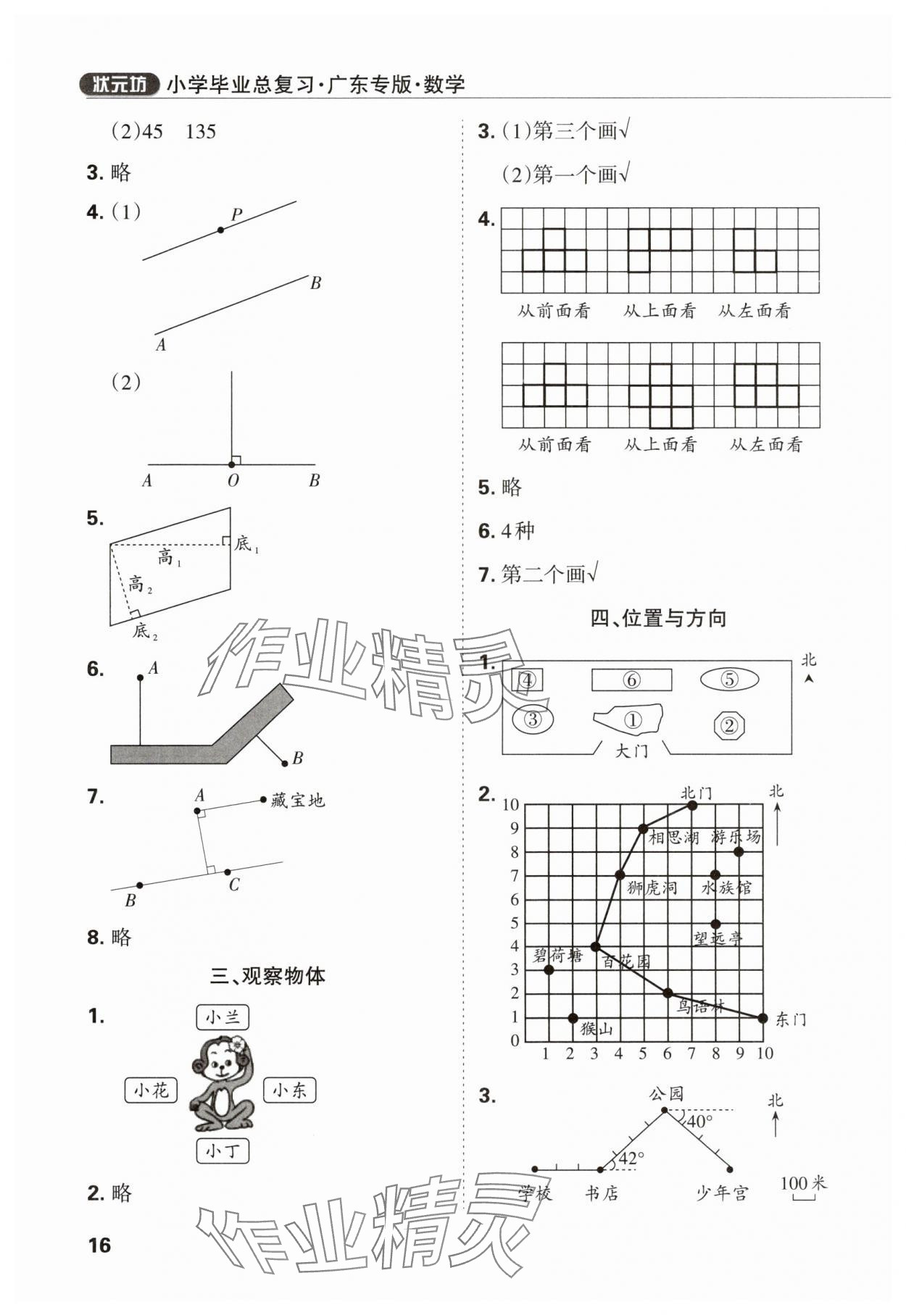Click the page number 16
point(99,1245)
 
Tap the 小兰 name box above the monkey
point(222,1017)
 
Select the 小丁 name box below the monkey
point(222,1151)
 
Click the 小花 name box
point(151,1090)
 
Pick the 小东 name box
point(289,1090)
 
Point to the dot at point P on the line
point(220,230)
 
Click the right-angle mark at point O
point(236,460)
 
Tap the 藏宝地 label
point(298,801)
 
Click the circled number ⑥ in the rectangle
point(631,680)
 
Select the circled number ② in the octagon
point(729,725)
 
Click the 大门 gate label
point(631,751)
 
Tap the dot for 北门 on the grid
point(691,805)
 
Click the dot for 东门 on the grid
point(762,1018)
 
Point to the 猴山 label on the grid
point(597,1029)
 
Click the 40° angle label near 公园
point(700,1121)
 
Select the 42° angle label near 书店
point(632,1159)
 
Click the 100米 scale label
point(803,1183)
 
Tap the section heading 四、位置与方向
point(658,618)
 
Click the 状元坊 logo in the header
point(118,85)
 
